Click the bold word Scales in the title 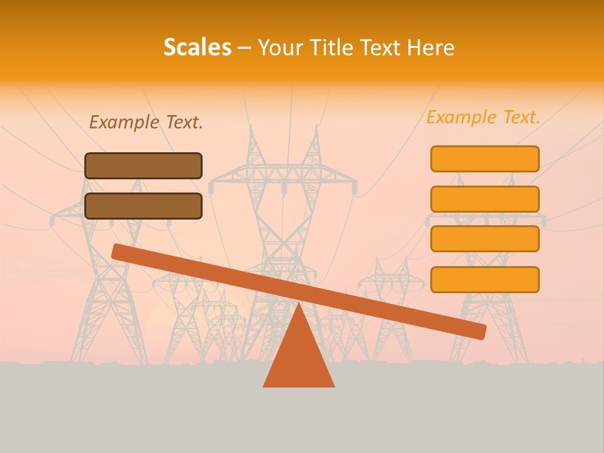pyautogui.click(x=198, y=48)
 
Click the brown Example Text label pyautogui.click(x=146, y=123)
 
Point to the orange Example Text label pyautogui.click(x=483, y=118)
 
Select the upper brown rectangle pyautogui.click(x=143, y=165)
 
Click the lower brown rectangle pyautogui.click(x=143, y=206)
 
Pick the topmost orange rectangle pyautogui.click(x=484, y=159)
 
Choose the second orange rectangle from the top pyautogui.click(x=484, y=199)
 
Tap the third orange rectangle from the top pyautogui.click(x=484, y=239)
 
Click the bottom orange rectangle pyautogui.click(x=484, y=279)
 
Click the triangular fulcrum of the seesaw pyautogui.click(x=299, y=359)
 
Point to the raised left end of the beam pyautogui.click(x=118, y=251)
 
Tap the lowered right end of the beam pyautogui.click(x=479, y=332)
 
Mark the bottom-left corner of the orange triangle pyautogui.click(x=264, y=386)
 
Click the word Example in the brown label pyautogui.click(x=122, y=123)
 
